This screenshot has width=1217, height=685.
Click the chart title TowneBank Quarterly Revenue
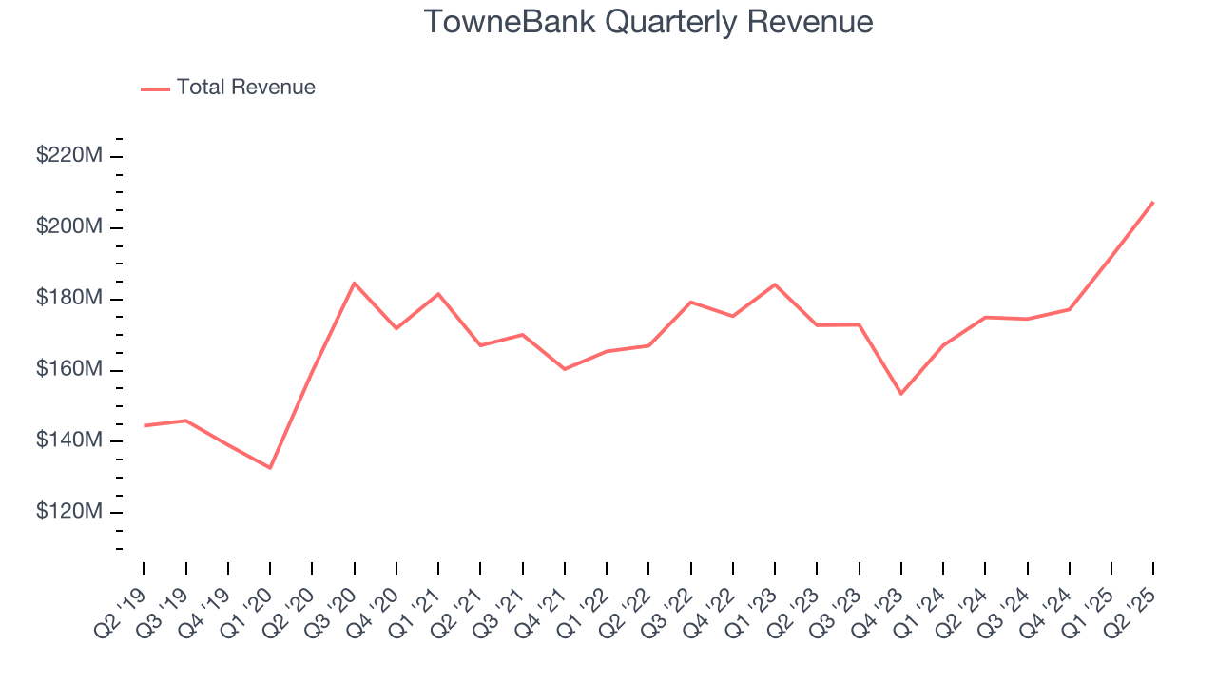(648, 22)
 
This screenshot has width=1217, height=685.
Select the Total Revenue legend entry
(245, 88)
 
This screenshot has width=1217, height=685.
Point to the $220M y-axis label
(69, 156)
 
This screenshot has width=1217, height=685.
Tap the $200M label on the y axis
(69, 227)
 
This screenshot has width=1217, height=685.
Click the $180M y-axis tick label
(69, 299)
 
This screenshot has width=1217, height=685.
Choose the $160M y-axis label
(69, 370)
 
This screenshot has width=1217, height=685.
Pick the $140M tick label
(69, 441)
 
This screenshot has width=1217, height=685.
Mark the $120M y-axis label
(69, 512)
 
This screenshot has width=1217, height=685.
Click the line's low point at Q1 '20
(270, 468)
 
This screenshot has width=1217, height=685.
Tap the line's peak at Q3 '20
(355, 283)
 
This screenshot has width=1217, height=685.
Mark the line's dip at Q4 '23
(900, 394)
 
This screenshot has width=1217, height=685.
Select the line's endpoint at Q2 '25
(1153, 202)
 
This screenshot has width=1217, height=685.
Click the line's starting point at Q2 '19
(145, 425)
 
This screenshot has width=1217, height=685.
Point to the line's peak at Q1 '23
(775, 284)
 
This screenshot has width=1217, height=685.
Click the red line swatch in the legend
(155, 88)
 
